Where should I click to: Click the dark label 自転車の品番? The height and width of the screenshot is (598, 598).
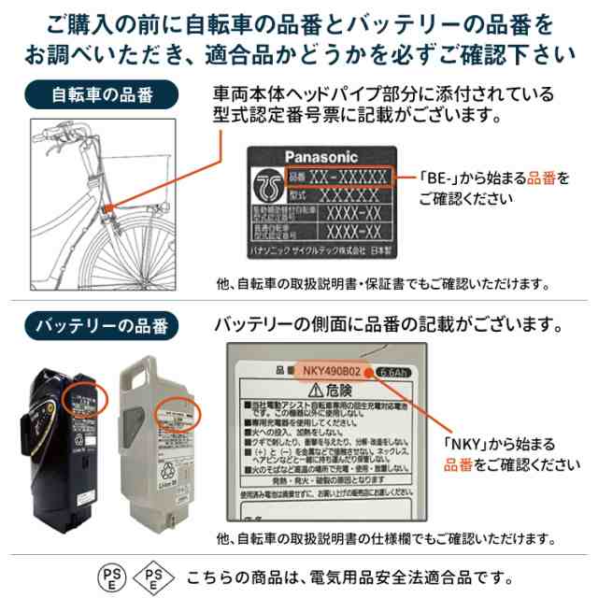[102, 94]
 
